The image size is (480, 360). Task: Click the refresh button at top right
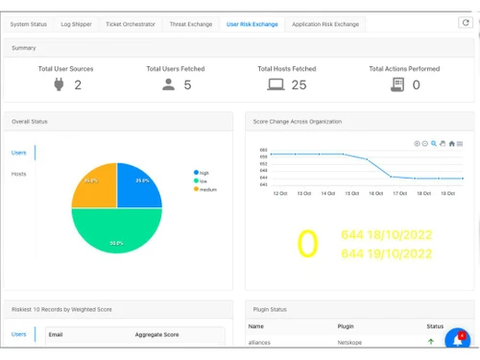point(466,22)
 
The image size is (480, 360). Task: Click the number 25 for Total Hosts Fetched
point(298,85)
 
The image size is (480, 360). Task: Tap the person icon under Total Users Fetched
point(168,85)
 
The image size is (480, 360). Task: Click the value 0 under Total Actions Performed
point(416,85)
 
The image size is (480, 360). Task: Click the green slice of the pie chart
point(115,235)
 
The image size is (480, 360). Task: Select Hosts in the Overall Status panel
point(18,174)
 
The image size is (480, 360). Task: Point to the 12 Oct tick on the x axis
point(279,193)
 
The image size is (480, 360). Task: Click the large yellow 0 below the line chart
point(306,245)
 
